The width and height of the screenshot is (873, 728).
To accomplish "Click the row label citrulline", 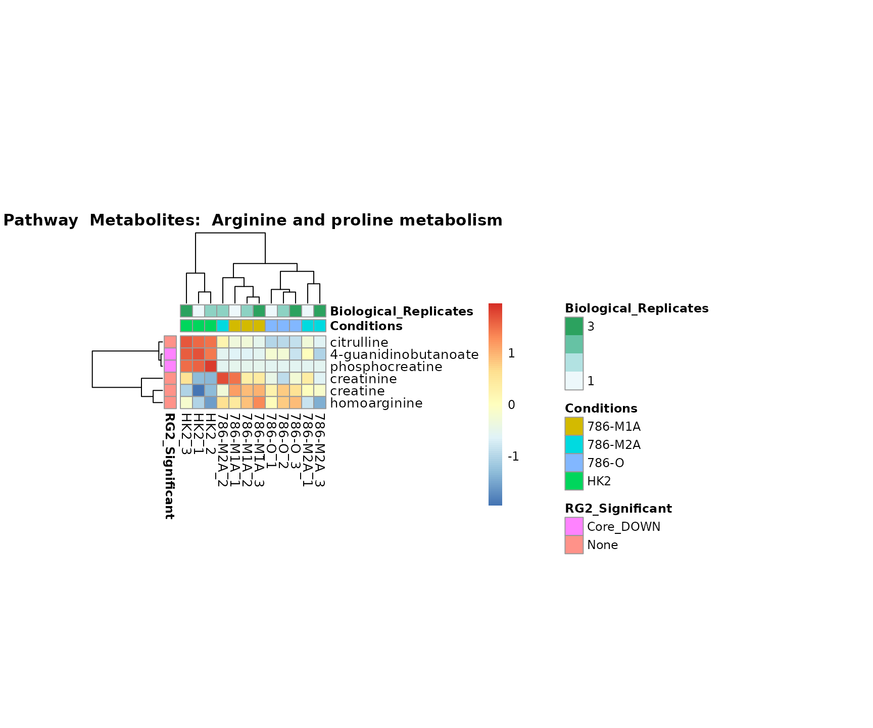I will point(359,342).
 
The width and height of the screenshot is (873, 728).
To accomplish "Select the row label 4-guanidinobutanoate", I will point(404,354).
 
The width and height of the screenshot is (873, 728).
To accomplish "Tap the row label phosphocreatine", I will point(386,367).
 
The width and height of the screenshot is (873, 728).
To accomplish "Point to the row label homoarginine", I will point(376,403).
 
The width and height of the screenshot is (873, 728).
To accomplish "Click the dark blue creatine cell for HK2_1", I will point(199,391).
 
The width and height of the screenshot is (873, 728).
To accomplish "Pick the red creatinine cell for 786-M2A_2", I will point(223,379).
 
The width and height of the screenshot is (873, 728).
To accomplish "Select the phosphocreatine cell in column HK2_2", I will point(211,367).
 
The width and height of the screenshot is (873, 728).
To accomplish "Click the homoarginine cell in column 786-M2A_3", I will point(320,403).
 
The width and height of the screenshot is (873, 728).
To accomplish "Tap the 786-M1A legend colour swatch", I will point(574,426).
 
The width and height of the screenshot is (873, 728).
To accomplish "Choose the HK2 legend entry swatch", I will point(574,481).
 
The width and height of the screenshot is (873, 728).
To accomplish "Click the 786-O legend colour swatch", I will point(574,463).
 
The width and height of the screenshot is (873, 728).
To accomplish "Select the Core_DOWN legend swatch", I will point(574,526).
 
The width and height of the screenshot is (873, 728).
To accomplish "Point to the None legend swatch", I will point(574,544).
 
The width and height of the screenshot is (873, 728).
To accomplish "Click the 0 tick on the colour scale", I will point(511,405).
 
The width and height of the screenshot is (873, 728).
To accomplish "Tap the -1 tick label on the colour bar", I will point(513,457).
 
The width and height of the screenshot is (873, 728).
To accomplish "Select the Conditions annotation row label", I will point(366,326).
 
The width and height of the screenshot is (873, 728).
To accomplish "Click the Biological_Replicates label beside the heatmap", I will point(401,311).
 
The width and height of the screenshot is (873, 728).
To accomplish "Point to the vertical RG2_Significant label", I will point(169,466).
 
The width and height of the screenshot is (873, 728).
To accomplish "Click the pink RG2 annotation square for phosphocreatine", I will point(170,367).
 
